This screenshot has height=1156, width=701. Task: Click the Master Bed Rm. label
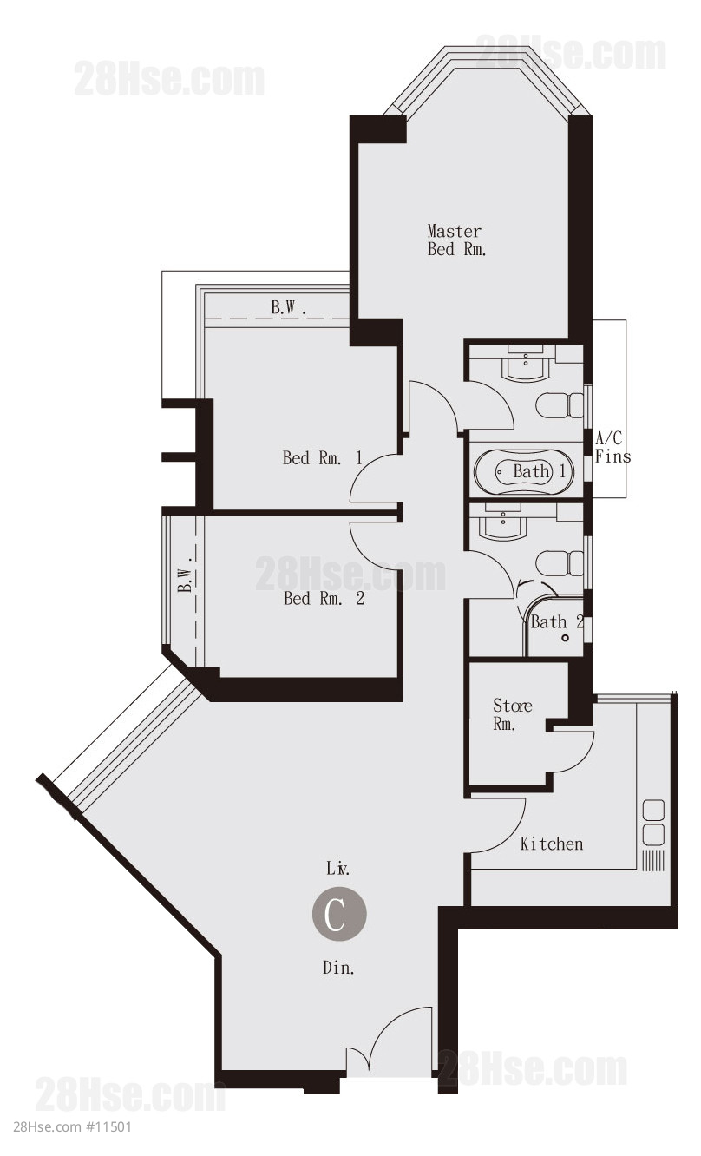(x=456, y=240)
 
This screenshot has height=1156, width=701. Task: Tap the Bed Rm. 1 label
(x=322, y=457)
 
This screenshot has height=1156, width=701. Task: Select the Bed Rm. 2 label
(x=324, y=599)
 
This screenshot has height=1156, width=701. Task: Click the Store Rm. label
(x=512, y=715)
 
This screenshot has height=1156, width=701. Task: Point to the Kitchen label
(x=552, y=844)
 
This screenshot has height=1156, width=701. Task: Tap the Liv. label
(x=337, y=869)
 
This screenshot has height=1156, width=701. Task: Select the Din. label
(x=338, y=968)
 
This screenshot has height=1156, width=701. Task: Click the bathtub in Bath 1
(x=524, y=472)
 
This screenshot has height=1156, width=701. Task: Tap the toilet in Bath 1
(x=560, y=405)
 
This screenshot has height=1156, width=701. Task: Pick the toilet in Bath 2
(x=560, y=563)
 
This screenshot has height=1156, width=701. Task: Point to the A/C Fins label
(x=613, y=448)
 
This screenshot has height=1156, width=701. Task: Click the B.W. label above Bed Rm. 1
(x=289, y=308)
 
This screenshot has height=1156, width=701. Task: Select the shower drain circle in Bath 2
(x=566, y=638)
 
